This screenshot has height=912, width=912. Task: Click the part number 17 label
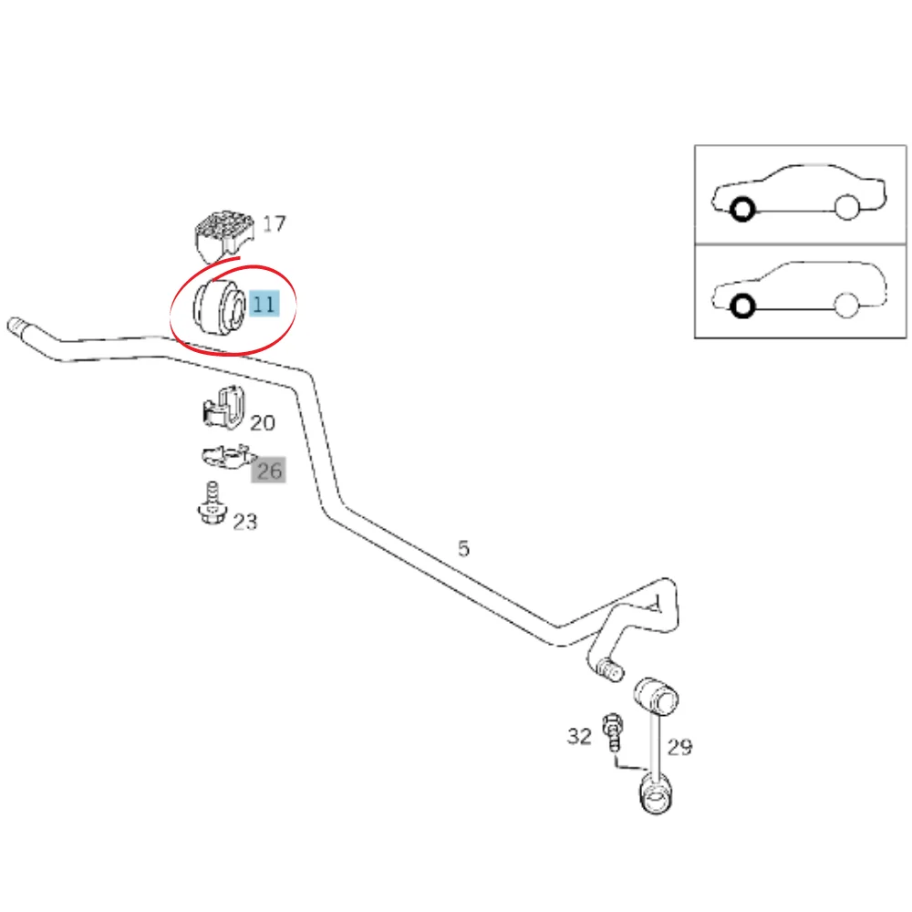(x=274, y=223)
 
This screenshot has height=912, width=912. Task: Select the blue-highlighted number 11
(x=264, y=304)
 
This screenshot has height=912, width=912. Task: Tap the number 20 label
(x=263, y=423)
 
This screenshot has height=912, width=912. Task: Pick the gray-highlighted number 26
(x=269, y=470)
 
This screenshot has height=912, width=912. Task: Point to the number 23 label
(x=244, y=522)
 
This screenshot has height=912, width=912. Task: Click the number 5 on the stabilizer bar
(x=463, y=548)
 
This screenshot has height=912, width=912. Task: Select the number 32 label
(x=579, y=736)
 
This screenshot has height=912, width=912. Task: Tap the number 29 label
(x=680, y=747)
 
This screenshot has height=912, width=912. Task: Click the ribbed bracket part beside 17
(x=224, y=234)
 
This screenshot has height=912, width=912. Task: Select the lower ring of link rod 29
(x=656, y=795)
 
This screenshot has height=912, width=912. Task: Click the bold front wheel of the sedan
(x=742, y=209)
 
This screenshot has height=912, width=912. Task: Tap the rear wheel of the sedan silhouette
(x=847, y=208)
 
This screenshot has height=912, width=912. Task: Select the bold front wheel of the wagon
(x=742, y=306)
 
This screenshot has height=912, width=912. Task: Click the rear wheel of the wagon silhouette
(x=846, y=306)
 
